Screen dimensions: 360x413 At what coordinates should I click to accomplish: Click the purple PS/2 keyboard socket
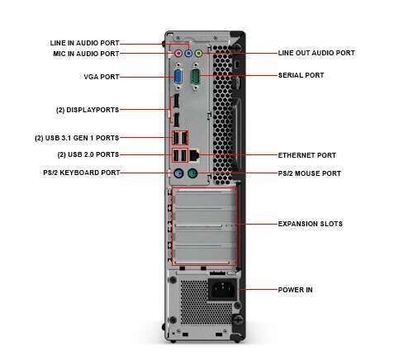(178, 173)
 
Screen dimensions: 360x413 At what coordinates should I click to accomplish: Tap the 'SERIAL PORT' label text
(301, 75)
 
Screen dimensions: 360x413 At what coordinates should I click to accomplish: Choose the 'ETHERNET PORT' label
(306, 154)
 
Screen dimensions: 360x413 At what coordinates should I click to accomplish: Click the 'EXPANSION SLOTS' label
(310, 224)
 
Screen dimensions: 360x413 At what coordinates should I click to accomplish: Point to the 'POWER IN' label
(295, 290)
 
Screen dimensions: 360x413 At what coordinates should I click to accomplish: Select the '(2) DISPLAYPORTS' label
(87, 109)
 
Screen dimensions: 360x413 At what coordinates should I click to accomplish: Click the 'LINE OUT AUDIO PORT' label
(316, 53)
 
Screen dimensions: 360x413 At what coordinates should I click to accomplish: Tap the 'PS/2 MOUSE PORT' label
(309, 173)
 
